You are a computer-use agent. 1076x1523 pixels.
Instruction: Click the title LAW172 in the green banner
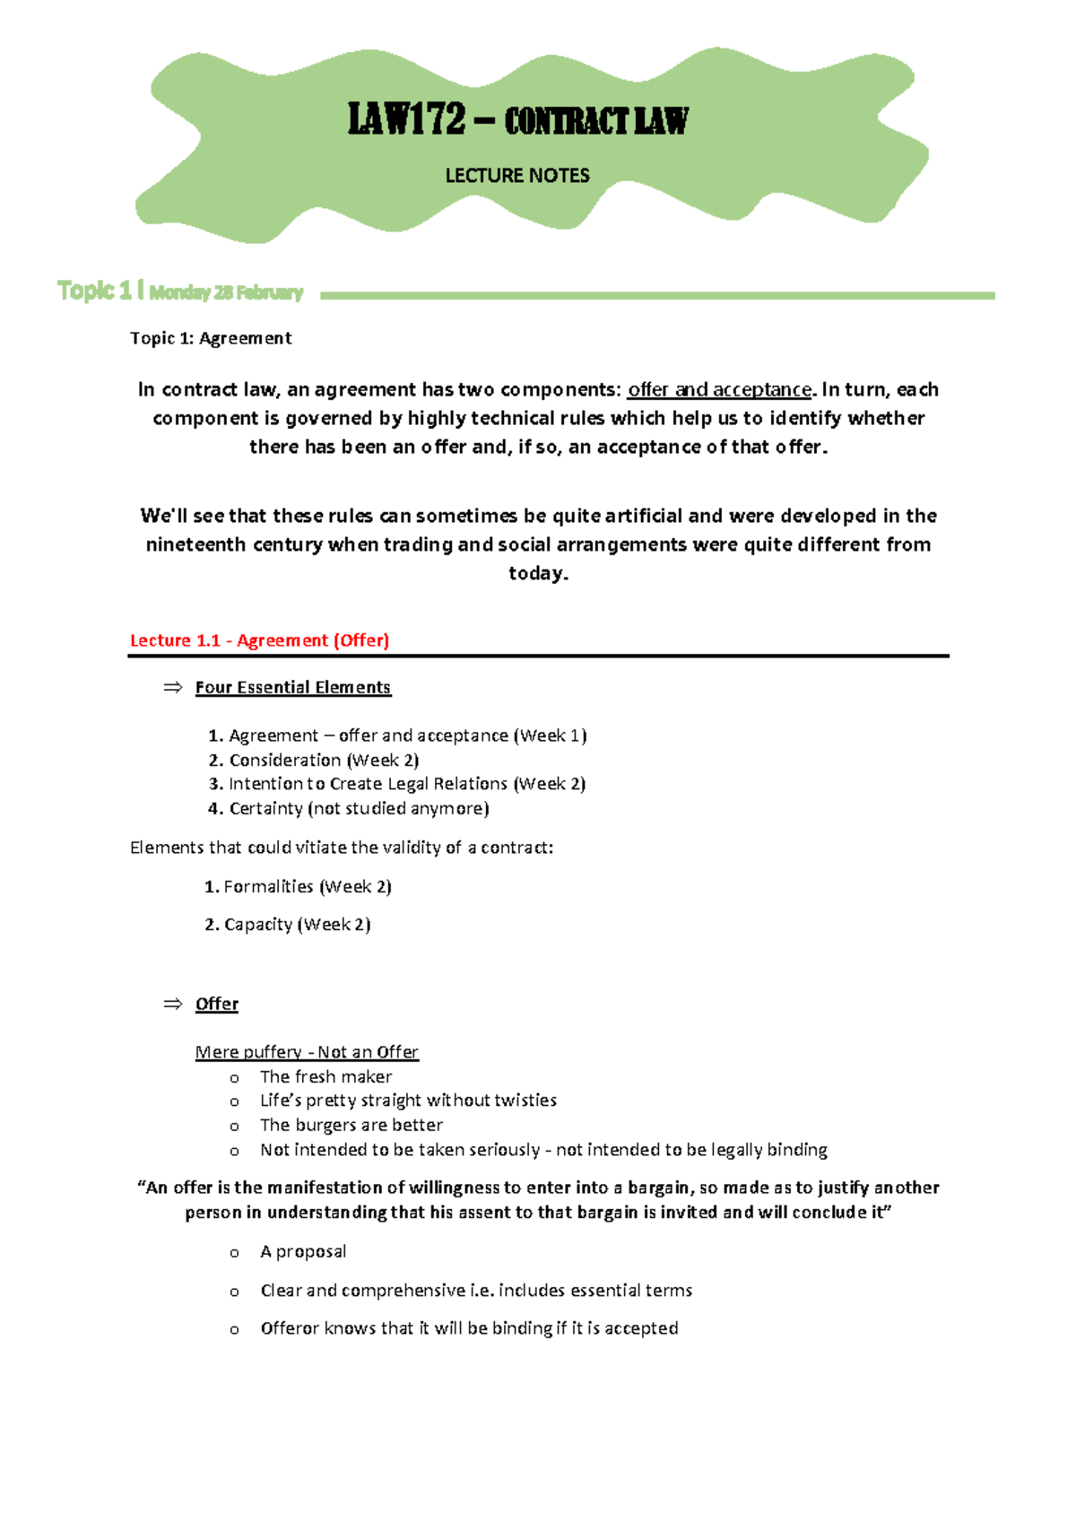pyautogui.click(x=407, y=119)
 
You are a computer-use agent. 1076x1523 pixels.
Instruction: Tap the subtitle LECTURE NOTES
pyautogui.click(x=517, y=176)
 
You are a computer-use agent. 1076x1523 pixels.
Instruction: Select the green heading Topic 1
pyautogui.click(x=94, y=291)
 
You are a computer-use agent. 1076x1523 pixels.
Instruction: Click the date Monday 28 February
pyautogui.click(x=226, y=292)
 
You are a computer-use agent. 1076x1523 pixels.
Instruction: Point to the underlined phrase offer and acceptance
pyautogui.click(x=719, y=389)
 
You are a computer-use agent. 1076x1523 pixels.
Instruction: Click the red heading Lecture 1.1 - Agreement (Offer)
pyautogui.click(x=259, y=640)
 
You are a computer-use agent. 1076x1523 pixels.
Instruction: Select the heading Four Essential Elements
pyautogui.click(x=293, y=687)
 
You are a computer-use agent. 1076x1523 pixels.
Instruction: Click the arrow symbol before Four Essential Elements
pyautogui.click(x=172, y=687)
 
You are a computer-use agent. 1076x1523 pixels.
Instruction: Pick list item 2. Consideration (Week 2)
pyautogui.click(x=314, y=760)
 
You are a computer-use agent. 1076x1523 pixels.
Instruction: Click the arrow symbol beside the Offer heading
pyautogui.click(x=172, y=1004)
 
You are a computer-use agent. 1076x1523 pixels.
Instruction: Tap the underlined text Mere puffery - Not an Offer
pyautogui.click(x=307, y=1052)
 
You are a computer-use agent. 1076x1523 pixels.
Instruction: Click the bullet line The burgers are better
pyautogui.click(x=351, y=1125)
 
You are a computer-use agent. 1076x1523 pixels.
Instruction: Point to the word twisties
pyautogui.click(x=522, y=1101)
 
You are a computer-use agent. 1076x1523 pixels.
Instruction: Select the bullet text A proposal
pyautogui.click(x=303, y=1251)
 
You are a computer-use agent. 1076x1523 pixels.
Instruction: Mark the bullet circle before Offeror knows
pyautogui.click(x=234, y=1329)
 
